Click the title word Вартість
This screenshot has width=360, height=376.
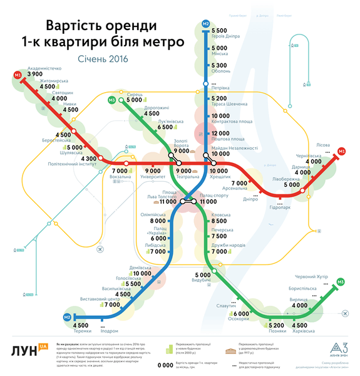tap(72, 27)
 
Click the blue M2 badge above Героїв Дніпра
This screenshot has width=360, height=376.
tap(206, 24)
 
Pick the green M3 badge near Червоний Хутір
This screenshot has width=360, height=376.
tap(340, 283)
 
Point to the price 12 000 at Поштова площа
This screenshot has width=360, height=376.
tap(222, 133)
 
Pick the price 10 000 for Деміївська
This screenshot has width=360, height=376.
tap(141, 274)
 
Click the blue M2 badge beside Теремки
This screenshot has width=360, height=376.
tap(66, 318)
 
